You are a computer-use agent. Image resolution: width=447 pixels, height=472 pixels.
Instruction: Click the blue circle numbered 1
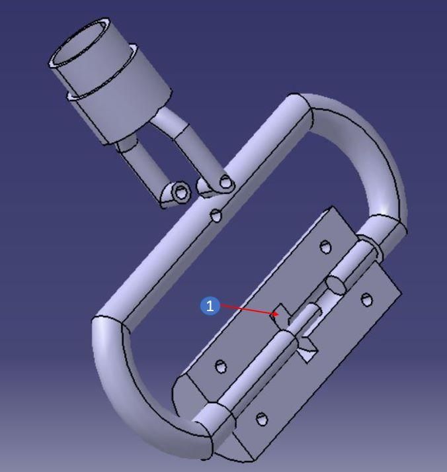click(210, 306)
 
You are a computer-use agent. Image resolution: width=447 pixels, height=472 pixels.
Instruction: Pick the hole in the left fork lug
click(181, 192)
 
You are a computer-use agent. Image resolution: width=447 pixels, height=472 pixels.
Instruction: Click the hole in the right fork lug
click(225, 182)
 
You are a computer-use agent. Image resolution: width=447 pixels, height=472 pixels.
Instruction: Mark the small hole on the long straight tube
click(216, 216)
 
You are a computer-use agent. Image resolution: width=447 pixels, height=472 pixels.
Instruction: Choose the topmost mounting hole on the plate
click(325, 246)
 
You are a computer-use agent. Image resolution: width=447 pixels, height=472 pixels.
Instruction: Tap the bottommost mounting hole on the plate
click(261, 419)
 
